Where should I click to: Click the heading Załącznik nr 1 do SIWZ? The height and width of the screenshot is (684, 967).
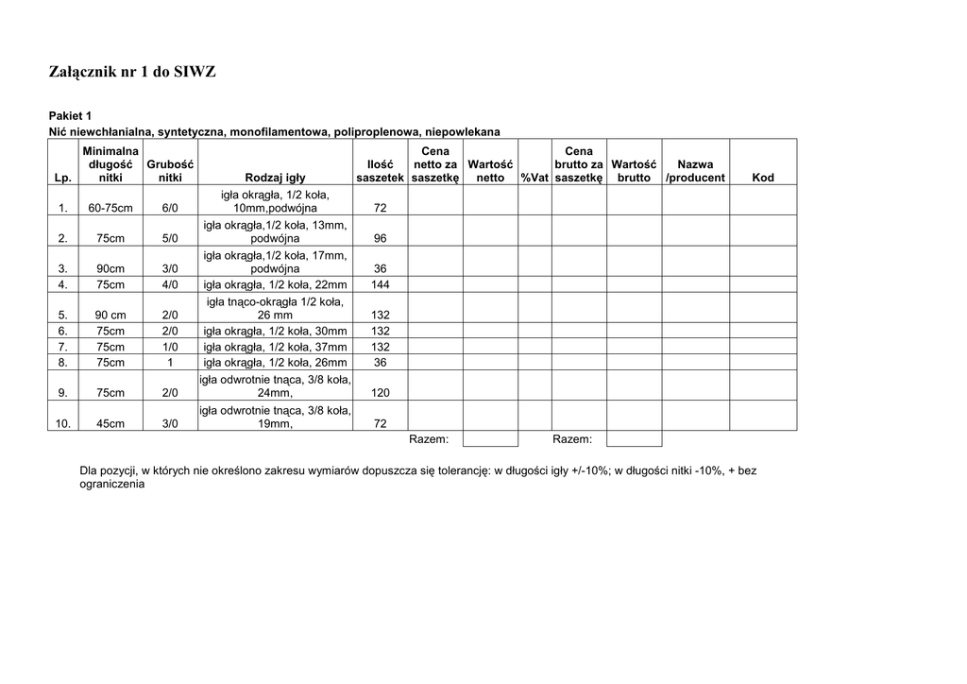(132, 72)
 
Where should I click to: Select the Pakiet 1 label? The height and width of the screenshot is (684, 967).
(71, 115)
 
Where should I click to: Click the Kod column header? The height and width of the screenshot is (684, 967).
(762, 178)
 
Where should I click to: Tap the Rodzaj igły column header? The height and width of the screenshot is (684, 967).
(275, 178)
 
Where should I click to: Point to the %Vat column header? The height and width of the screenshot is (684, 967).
(534, 178)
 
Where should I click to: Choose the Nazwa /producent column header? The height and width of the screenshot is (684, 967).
(696, 171)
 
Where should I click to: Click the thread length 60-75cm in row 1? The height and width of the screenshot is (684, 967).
(110, 208)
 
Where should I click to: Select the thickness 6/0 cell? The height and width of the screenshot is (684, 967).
(170, 208)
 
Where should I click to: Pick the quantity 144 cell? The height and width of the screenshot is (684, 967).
(381, 284)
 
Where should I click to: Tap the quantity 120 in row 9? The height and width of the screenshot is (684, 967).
(381, 393)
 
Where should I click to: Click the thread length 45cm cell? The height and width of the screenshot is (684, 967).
(110, 424)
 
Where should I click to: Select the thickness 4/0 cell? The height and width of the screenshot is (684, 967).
(170, 284)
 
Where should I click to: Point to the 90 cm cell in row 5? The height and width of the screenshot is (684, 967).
(110, 316)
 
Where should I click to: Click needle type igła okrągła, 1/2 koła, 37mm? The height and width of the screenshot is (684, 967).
(275, 347)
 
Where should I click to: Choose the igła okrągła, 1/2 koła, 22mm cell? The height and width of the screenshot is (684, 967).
(275, 284)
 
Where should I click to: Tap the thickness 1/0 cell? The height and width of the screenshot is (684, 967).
(170, 347)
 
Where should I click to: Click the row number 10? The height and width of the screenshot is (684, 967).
(62, 424)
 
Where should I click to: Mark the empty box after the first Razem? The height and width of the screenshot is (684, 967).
(491, 439)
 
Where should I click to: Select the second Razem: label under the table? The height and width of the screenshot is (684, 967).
(572, 439)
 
